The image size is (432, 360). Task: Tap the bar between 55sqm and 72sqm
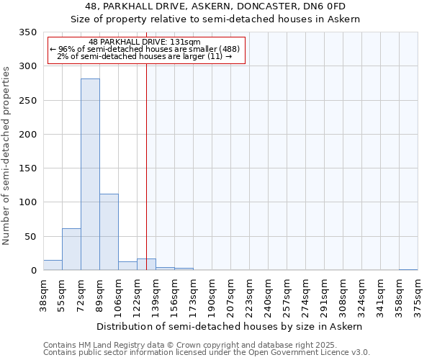[x=71, y=249]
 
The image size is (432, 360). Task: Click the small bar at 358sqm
[x=408, y=269]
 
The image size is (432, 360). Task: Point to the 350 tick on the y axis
[x=28, y=32]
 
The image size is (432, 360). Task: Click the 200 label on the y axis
[x=28, y=135]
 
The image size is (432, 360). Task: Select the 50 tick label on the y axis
[x=31, y=237]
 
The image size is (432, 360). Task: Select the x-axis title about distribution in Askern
[x=230, y=326]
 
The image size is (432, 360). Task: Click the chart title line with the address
[x=215, y=7]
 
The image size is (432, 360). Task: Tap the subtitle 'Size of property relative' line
[x=215, y=19]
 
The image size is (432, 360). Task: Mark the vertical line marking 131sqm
[x=146, y=166]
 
